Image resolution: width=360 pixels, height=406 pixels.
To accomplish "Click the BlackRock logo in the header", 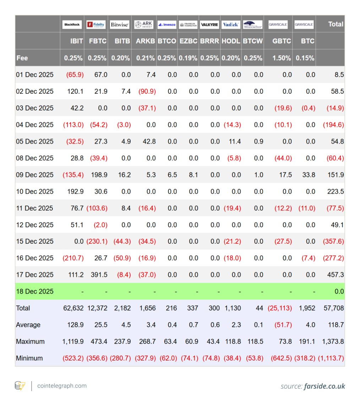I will click(72, 25).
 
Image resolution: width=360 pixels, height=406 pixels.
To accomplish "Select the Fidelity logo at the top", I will click(96, 25).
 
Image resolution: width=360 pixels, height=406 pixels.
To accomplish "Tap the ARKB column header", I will click(145, 41).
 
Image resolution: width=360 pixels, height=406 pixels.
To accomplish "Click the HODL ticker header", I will click(231, 41).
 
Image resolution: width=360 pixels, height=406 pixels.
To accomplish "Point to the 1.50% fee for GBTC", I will click(282, 58).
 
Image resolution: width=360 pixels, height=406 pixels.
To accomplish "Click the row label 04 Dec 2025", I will click(35, 125).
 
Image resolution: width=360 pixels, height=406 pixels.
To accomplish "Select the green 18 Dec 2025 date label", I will click(35, 291).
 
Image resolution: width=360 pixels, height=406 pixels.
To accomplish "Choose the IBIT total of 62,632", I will click(73, 308).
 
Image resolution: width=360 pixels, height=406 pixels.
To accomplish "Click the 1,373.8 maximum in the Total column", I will click(333, 341).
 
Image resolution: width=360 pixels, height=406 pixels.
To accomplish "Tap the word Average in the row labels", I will click(28, 325).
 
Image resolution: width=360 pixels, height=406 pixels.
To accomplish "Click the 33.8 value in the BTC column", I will click(309, 175).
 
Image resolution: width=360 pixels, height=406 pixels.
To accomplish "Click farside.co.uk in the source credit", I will click(324, 386).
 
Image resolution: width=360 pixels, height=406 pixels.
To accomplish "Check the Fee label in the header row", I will click(22, 58).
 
